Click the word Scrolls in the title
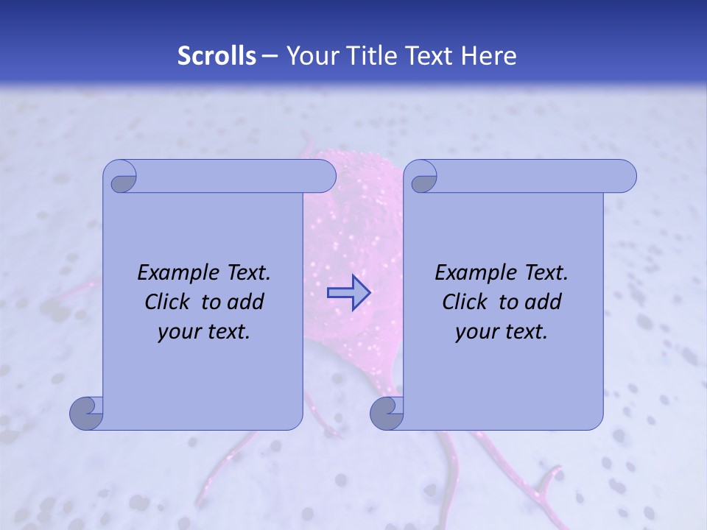click(x=217, y=56)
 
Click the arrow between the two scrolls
click(x=348, y=293)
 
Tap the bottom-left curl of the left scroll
click(x=85, y=413)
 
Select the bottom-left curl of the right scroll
click(x=386, y=413)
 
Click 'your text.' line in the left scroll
click(x=204, y=332)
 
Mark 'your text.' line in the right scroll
click(x=502, y=332)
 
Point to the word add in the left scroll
click(x=245, y=302)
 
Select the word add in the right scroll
click(x=543, y=302)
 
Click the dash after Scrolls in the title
click(x=270, y=57)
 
